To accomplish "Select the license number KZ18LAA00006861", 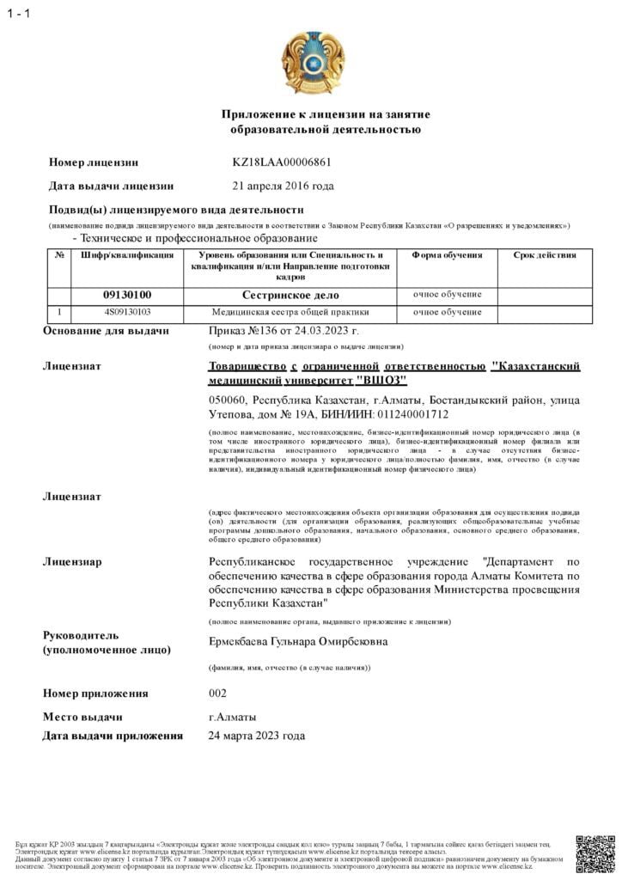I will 282,162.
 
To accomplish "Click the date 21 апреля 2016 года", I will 284,186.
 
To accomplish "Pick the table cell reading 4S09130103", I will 127,312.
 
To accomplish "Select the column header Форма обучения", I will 447,255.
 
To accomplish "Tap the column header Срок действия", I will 545,255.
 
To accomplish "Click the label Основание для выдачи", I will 107,331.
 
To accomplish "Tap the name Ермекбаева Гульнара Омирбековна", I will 298,641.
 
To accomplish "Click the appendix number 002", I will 218,693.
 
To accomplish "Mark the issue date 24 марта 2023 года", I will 257,736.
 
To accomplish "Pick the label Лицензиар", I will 72,562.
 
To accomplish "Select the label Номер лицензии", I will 94,162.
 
